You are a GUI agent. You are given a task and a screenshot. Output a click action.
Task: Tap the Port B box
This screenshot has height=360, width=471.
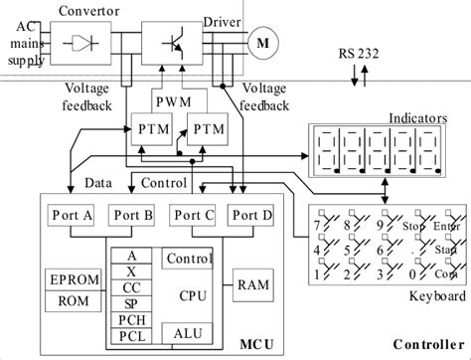click(129, 216)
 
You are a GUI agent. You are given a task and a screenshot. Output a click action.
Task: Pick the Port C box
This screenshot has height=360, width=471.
click(191, 216)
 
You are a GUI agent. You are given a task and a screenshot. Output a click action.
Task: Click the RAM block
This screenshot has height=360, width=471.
click(249, 284)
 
